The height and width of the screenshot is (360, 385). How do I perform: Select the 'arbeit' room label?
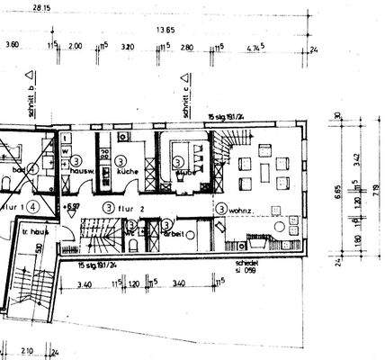pyautogui.click(x=175, y=234)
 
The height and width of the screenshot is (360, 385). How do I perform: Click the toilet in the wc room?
pyautogui.click(x=132, y=232)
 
